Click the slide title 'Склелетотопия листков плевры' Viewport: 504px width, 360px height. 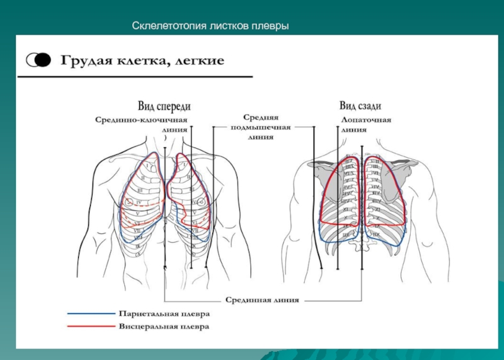210,27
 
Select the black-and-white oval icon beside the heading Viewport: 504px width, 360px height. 38,60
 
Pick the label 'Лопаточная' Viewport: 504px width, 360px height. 366,119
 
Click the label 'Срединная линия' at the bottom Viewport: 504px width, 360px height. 262,300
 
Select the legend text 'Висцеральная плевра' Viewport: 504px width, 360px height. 164,327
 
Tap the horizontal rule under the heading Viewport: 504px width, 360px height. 135,77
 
